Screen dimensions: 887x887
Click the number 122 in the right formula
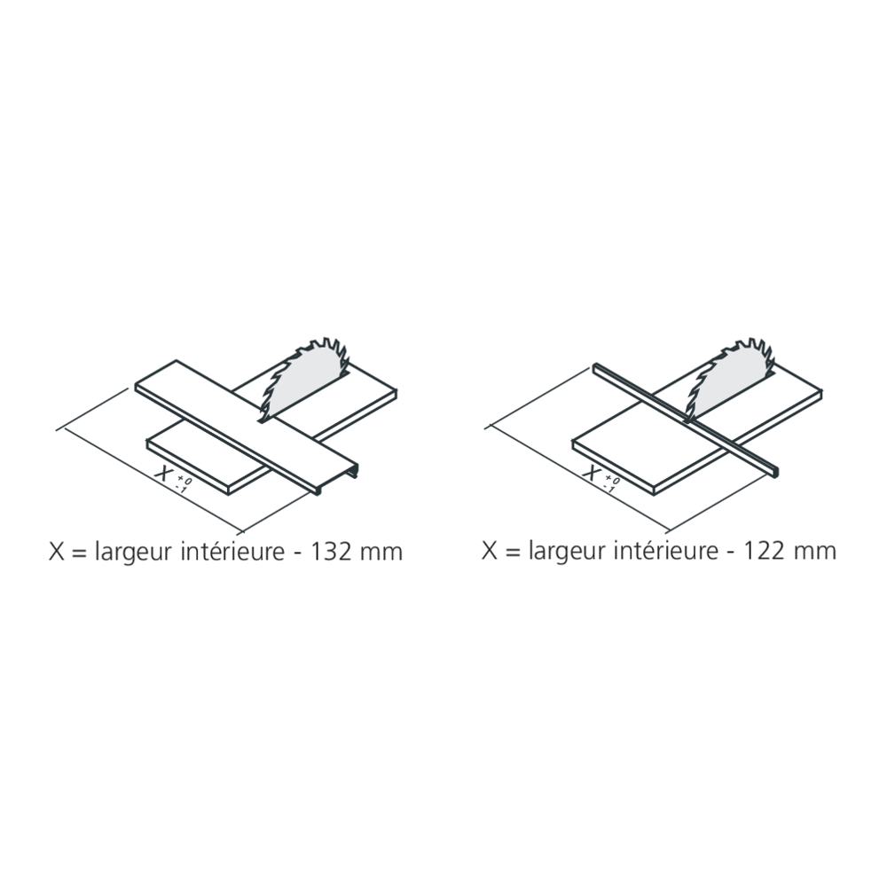coord(764,551)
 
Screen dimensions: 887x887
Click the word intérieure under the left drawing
coord(227,551)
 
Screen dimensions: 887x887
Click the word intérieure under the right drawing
coord(660,551)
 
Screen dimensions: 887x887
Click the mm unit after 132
coord(381,553)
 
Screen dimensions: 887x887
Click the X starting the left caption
coord(55,551)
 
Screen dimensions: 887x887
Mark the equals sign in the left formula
coord(77,552)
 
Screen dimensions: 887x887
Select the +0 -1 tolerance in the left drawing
coord(181,483)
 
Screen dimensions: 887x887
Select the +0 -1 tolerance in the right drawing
coord(609,482)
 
